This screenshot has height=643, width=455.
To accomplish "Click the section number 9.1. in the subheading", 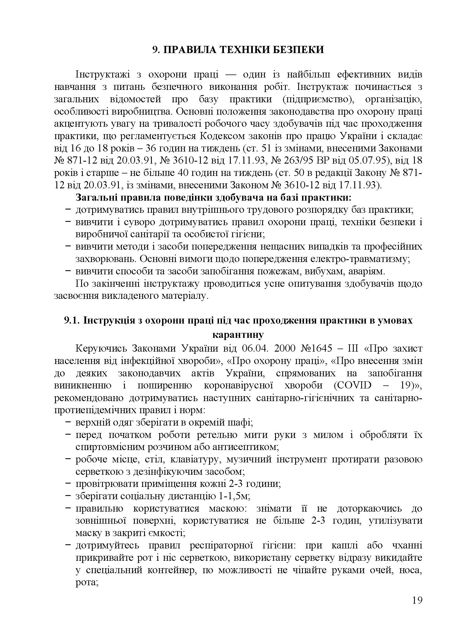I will pos(72,320).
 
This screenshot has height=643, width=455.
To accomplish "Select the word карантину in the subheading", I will pos(238,335).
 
